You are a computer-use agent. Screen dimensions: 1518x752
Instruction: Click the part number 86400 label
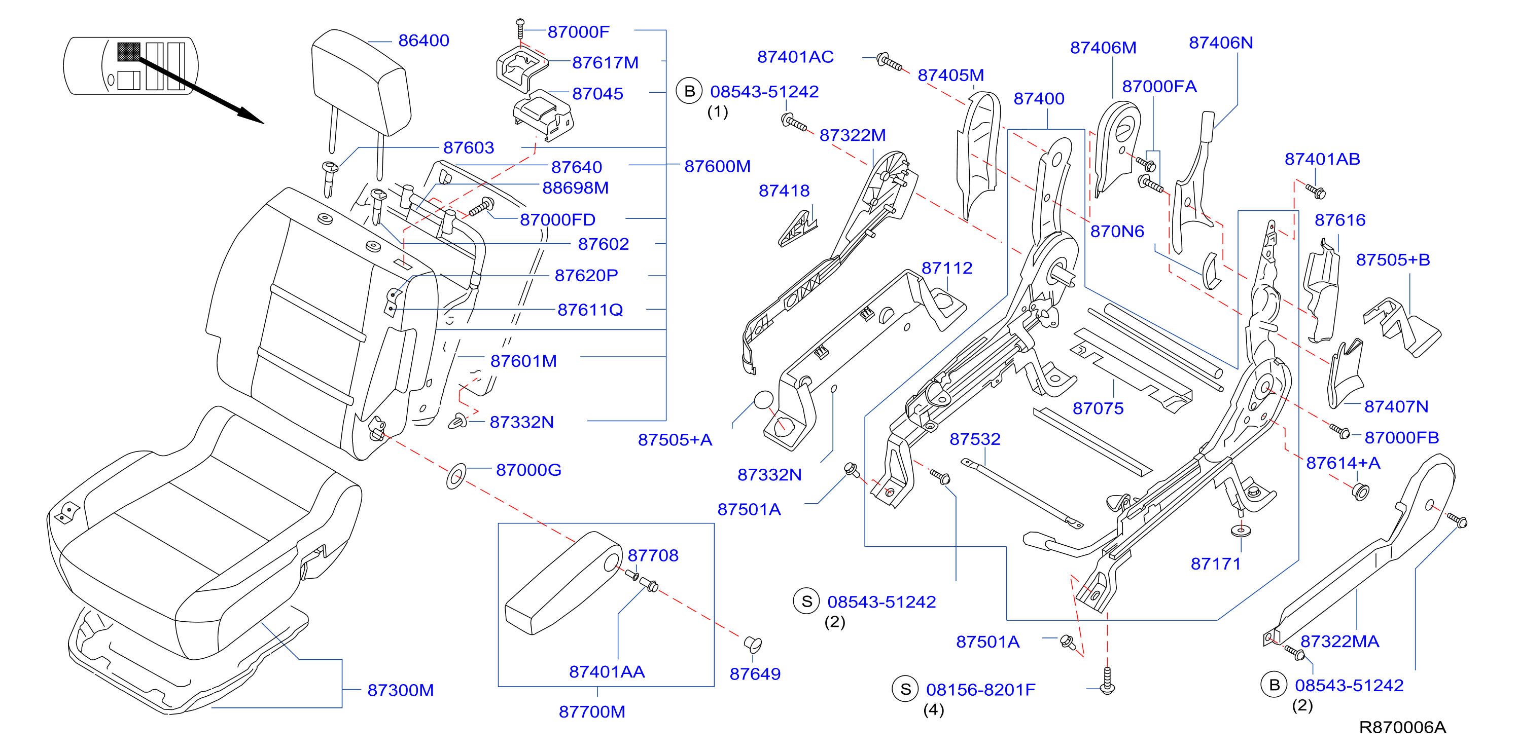tap(423, 41)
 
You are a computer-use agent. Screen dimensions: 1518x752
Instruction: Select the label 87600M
tap(717, 167)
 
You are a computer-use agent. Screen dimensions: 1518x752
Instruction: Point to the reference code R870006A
tap(1402, 727)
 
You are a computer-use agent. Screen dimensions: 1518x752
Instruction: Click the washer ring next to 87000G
tap(455, 476)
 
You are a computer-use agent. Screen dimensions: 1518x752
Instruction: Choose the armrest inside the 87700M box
tap(563, 582)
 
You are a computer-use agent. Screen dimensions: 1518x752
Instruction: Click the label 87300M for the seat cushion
tap(400, 690)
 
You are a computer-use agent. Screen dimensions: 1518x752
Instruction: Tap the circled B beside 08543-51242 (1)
tap(689, 91)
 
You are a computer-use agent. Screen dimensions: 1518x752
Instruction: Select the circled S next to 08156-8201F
tap(906, 689)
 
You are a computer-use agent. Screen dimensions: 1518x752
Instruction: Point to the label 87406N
tap(1220, 43)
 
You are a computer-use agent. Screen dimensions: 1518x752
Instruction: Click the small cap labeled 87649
tap(753, 644)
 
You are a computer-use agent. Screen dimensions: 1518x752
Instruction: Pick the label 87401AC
tap(796, 57)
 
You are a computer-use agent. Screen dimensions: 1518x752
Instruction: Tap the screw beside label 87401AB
tap(1316, 191)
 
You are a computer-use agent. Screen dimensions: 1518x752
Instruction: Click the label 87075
tap(1098, 408)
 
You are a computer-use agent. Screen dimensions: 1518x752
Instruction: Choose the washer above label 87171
tap(1241, 531)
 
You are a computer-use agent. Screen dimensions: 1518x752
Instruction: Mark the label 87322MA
tap(1339, 642)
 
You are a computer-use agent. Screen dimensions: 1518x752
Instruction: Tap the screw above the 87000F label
tap(520, 28)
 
